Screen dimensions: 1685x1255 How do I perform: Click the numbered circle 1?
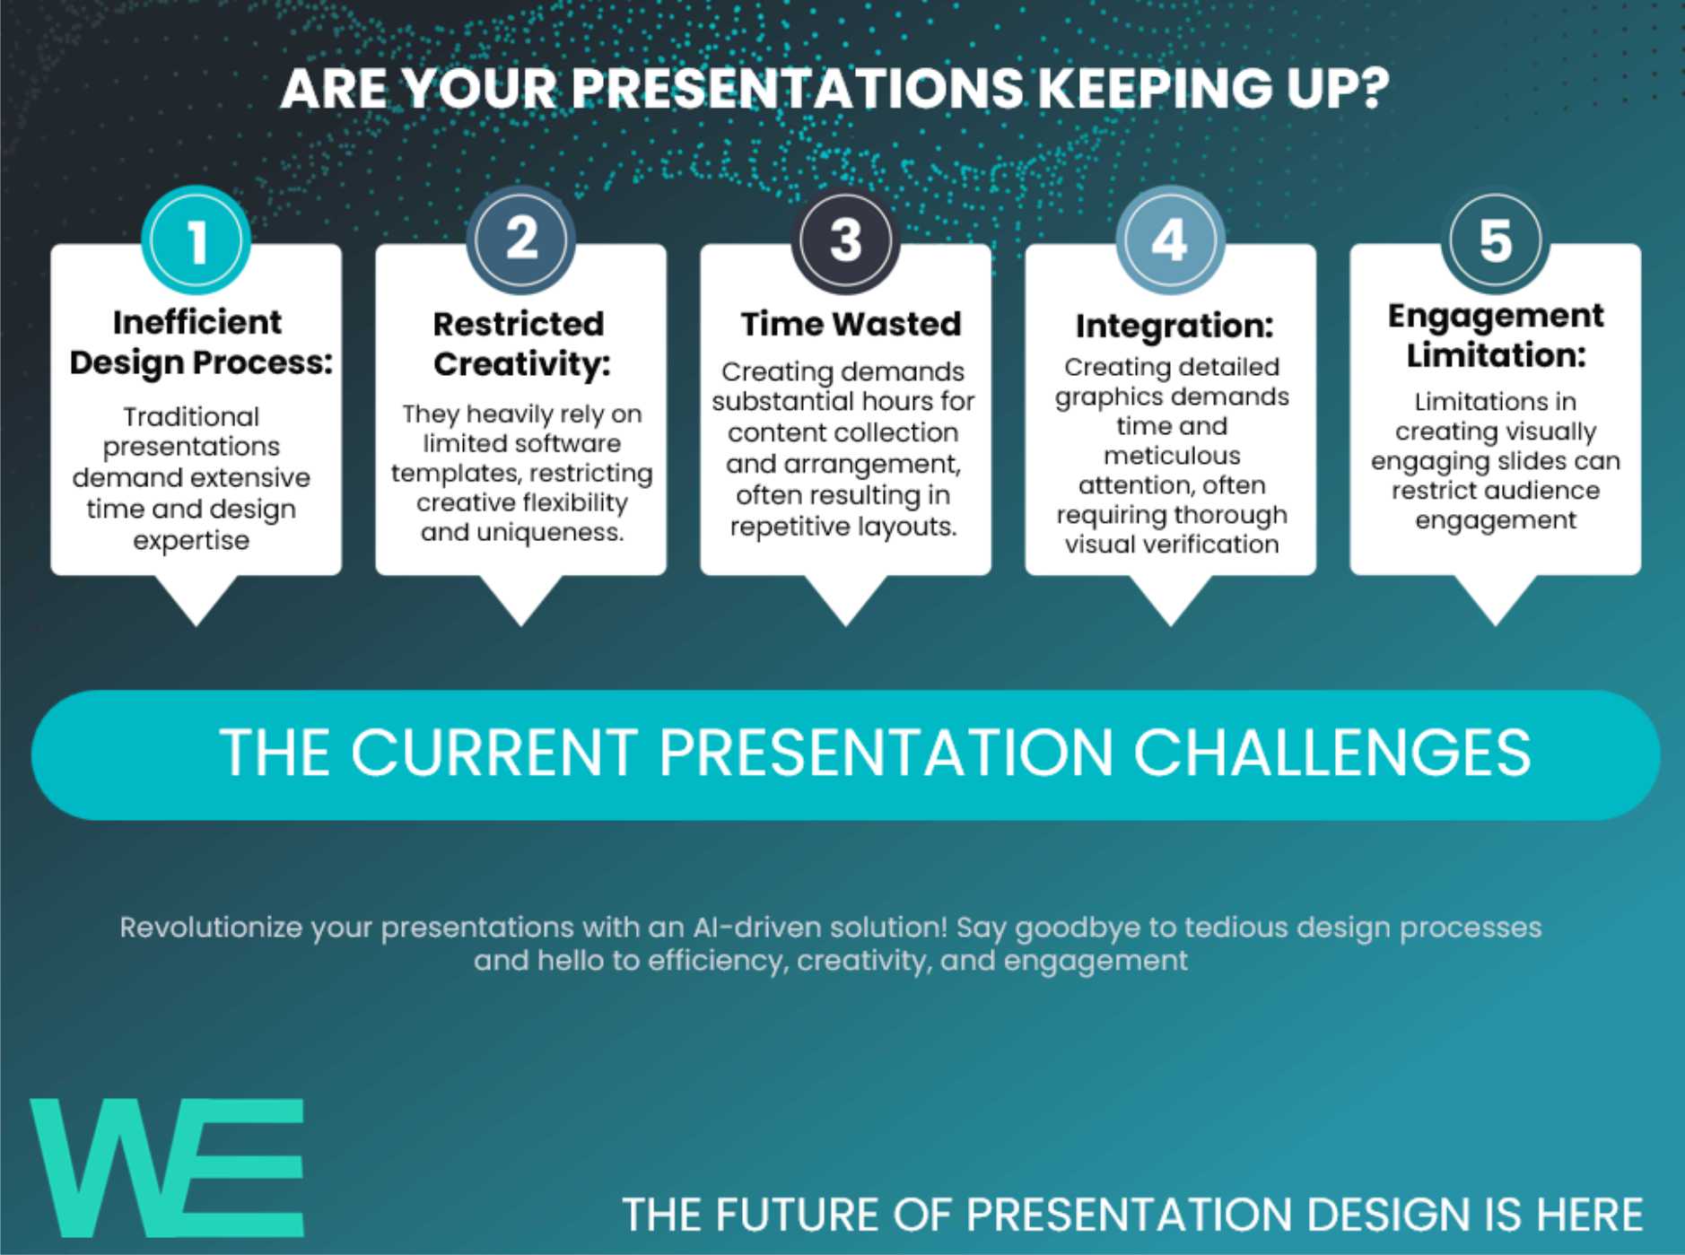coord(196,240)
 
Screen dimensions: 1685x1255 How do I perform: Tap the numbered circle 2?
coord(520,240)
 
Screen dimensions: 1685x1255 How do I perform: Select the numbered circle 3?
coord(845,240)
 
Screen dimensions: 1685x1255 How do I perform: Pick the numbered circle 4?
coord(1170,240)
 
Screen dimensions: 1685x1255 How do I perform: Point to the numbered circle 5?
coord(1495,240)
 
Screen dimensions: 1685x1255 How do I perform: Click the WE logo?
coord(168,1168)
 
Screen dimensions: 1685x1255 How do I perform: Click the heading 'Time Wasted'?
coord(851,324)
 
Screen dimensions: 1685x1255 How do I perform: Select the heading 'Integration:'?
coord(1174,326)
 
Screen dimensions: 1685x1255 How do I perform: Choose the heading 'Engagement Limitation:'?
coord(1496,336)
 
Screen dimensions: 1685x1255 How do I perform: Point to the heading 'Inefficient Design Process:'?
coord(201,342)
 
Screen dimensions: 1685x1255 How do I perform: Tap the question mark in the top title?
coord(1374,89)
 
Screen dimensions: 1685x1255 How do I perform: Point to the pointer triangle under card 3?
coord(845,600)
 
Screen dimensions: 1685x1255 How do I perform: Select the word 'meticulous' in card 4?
coord(1172,456)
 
